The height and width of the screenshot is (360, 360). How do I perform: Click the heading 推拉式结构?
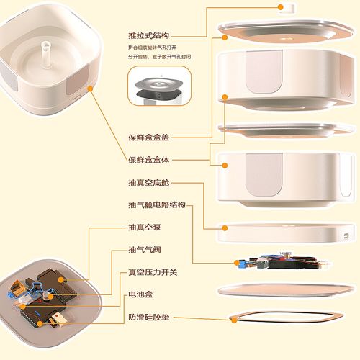click(149, 34)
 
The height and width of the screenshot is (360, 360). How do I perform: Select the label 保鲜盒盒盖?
click(149, 136)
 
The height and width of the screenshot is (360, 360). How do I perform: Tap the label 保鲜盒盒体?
click(149, 160)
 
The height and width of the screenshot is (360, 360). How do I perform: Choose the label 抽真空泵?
click(144, 228)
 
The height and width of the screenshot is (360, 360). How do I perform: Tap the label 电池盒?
click(140, 294)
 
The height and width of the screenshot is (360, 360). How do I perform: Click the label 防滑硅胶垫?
click(149, 317)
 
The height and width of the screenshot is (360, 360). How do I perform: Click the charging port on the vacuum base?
click(346, 236)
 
